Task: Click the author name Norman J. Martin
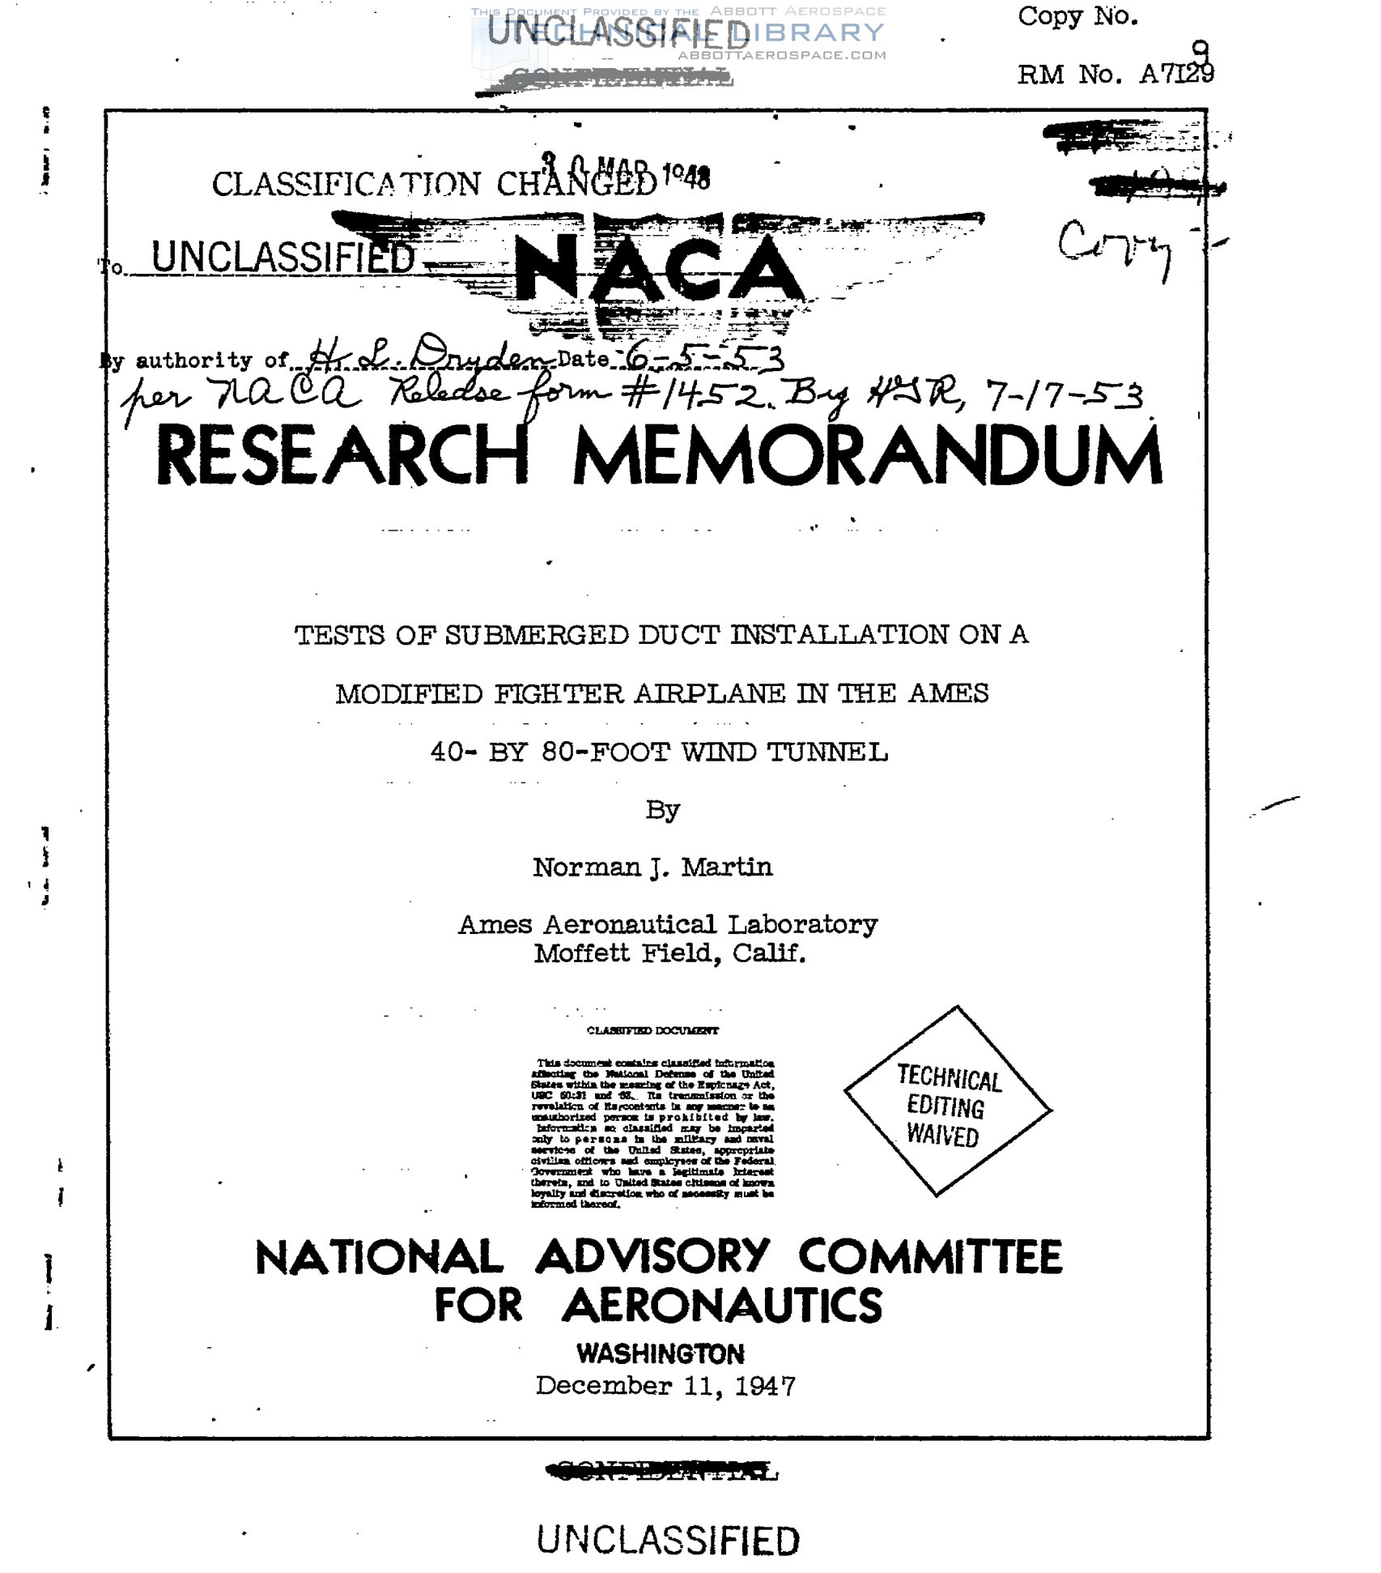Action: click(x=652, y=867)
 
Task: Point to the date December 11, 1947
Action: click(x=665, y=1386)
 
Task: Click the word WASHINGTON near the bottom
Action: click(x=661, y=1353)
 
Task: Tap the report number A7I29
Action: click(x=1177, y=75)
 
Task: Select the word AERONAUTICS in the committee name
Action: click(x=722, y=1307)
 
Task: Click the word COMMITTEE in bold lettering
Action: click(x=930, y=1257)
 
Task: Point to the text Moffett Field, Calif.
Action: click(x=669, y=953)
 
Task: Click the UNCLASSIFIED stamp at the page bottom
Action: click(x=668, y=1540)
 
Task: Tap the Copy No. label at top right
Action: click(x=1078, y=16)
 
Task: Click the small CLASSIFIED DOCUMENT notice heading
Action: click(x=652, y=1031)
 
